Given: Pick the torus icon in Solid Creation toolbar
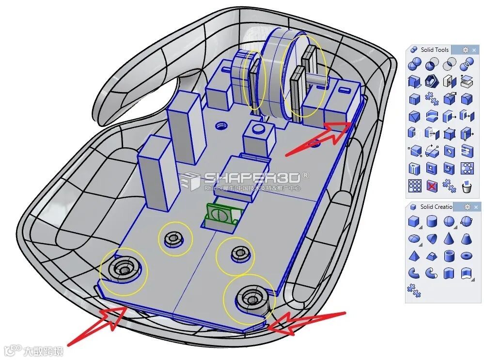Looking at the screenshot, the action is (467, 255).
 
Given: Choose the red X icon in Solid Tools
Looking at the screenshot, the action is (432, 186).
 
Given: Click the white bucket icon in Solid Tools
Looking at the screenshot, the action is (467, 186).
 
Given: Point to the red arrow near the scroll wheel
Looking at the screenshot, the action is (320, 138).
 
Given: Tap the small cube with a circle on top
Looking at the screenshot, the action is (257, 136).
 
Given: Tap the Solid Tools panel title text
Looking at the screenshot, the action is (435, 49).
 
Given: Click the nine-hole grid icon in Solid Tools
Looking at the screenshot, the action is (414, 186).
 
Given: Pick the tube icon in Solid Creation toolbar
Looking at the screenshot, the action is (449, 255).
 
